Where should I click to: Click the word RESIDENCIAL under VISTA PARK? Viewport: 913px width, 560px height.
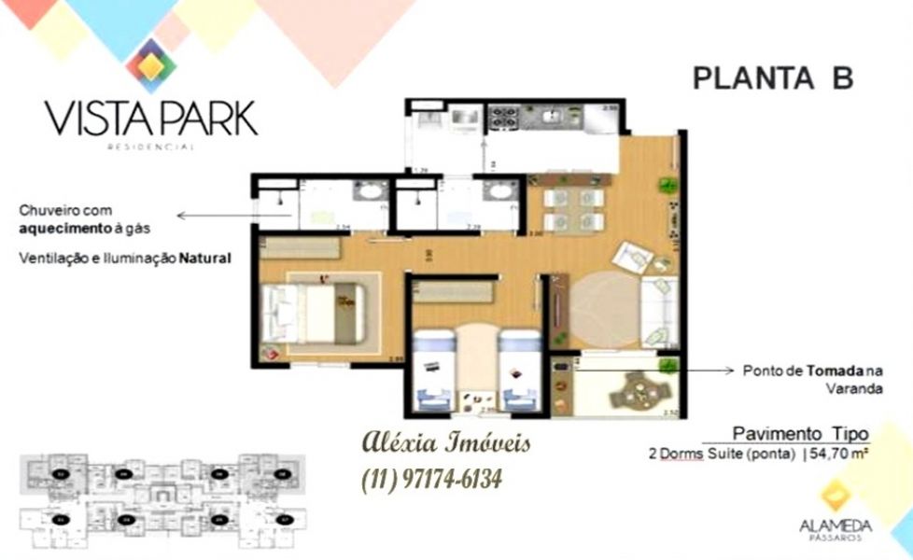(x=150, y=147)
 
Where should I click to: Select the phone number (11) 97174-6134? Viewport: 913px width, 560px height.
(x=430, y=479)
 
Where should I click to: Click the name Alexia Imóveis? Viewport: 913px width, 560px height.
(x=445, y=442)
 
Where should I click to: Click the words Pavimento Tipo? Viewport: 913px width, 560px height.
(x=800, y=433)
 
